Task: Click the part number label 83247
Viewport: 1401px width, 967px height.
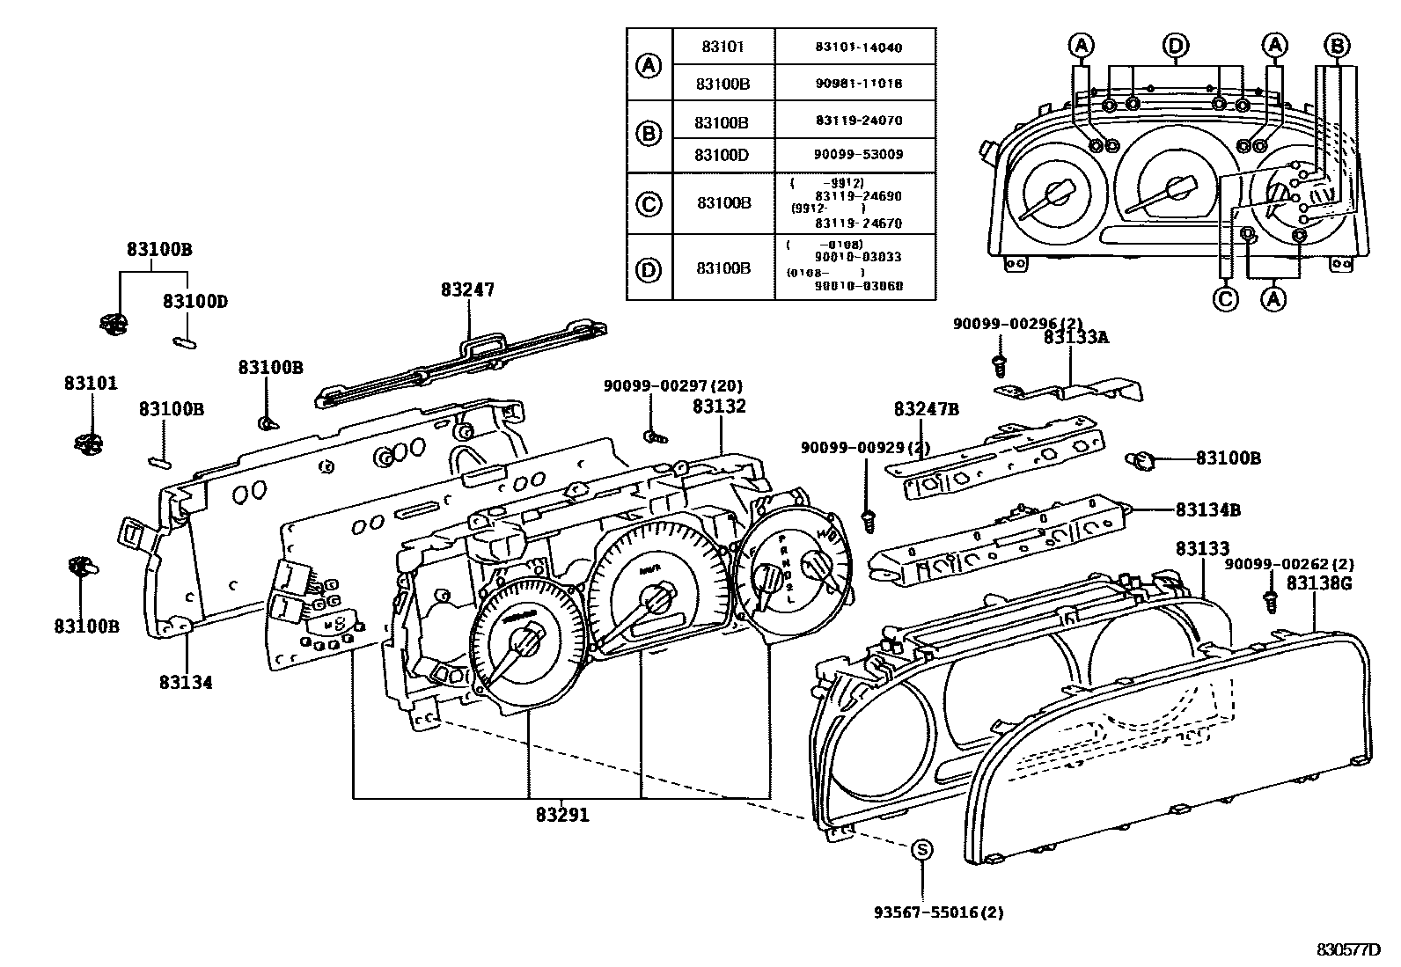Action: coord(468,289)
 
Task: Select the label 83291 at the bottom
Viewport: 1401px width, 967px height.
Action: coord(562,816)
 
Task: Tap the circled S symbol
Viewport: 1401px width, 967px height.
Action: coord(921,849)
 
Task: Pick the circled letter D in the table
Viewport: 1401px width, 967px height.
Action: coord(649,269)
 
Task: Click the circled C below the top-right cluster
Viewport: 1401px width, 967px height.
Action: coord(1225,299)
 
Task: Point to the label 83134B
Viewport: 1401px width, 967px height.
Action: coord(1208,509)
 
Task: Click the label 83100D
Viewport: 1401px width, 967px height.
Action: coord(194,301)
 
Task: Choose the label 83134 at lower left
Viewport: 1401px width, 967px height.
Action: coord(186,681)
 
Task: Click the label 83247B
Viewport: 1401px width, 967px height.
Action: coord(927,409)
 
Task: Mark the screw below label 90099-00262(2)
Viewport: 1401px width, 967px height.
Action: coord(1270,601)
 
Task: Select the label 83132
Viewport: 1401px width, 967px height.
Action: coord(719,406)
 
